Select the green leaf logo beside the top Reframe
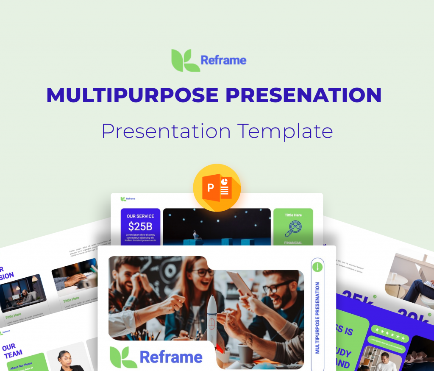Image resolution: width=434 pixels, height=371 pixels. pyautogui.click(x=185, y=60)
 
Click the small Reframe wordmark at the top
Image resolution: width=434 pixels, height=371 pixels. pyautogui.click(x=223, y=60)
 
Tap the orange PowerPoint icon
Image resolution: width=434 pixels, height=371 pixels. pyautogui.click(x=217, y=188)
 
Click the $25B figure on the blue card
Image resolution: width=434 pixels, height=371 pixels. pyautogui.click(x=140, y=226)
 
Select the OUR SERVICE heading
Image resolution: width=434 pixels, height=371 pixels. pyautogui.click(x=140, y=216)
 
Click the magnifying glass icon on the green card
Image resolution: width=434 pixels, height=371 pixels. pyautogui.click(x=293, y=229)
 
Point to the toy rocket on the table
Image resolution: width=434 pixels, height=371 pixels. pyautogui.click(x=211, y=318)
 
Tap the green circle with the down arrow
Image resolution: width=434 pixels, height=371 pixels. pyautogui.click(x=317, y=267)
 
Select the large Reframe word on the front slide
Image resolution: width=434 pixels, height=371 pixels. pyautogui.click(x=171, y=357)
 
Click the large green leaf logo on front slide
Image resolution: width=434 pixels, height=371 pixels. pyautogui.click(x=123, y=357)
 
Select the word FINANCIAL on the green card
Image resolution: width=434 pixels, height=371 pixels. pyautogui.click(x=293, y=243)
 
